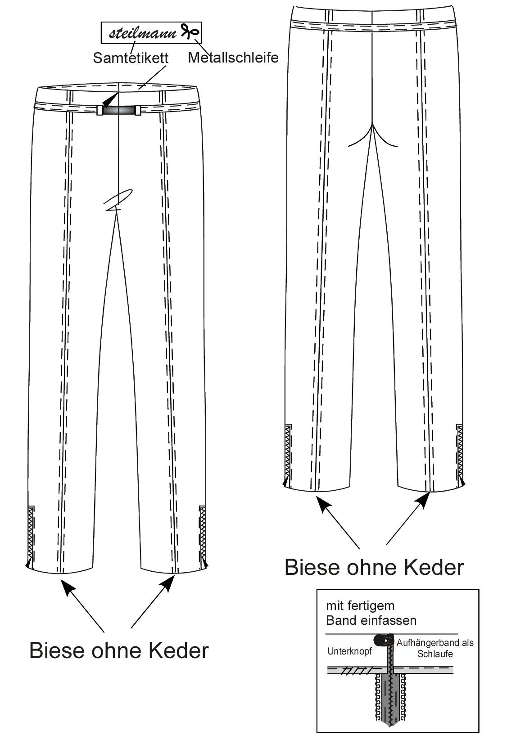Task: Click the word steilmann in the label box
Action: point(143,33)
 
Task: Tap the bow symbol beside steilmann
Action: point(190,31)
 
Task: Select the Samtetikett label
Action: point(131,58)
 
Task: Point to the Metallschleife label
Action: point(233,58)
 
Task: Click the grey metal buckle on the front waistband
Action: point(119,110)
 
